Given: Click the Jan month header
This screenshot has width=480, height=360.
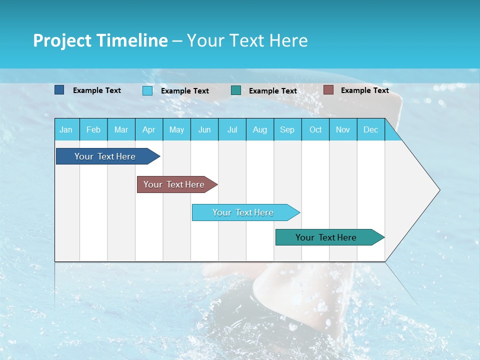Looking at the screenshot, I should [x=66, y=129].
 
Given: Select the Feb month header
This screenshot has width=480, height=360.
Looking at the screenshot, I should [x=93, y=129].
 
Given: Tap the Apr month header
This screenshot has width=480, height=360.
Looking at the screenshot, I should [x=148, y=129].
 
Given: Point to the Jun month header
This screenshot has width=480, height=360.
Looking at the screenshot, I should [x=204, y=129].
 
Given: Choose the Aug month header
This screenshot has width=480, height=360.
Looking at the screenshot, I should [x=260, y=129].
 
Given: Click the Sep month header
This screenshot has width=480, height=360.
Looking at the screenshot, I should [x=287, y=129].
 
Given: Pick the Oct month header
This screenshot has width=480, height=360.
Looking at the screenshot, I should [x=315, y=129].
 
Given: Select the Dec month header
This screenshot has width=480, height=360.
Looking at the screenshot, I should [x=371, y=129].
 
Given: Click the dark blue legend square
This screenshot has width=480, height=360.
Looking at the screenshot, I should [x=59, y=90].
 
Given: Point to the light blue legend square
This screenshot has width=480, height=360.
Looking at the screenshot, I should [x=147, y=90].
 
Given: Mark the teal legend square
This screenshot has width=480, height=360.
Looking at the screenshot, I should [x=236, y=90].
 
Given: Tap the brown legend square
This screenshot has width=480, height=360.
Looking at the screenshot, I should [x=328, y=90].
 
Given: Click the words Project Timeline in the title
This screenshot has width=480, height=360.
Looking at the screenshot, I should [x=100, y=40].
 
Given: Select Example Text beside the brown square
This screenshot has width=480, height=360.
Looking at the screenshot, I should [x=364, y=90].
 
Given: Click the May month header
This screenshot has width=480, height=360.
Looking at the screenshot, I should [x=176, y=129].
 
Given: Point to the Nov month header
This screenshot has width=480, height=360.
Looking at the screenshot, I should [x=343, y=129].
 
